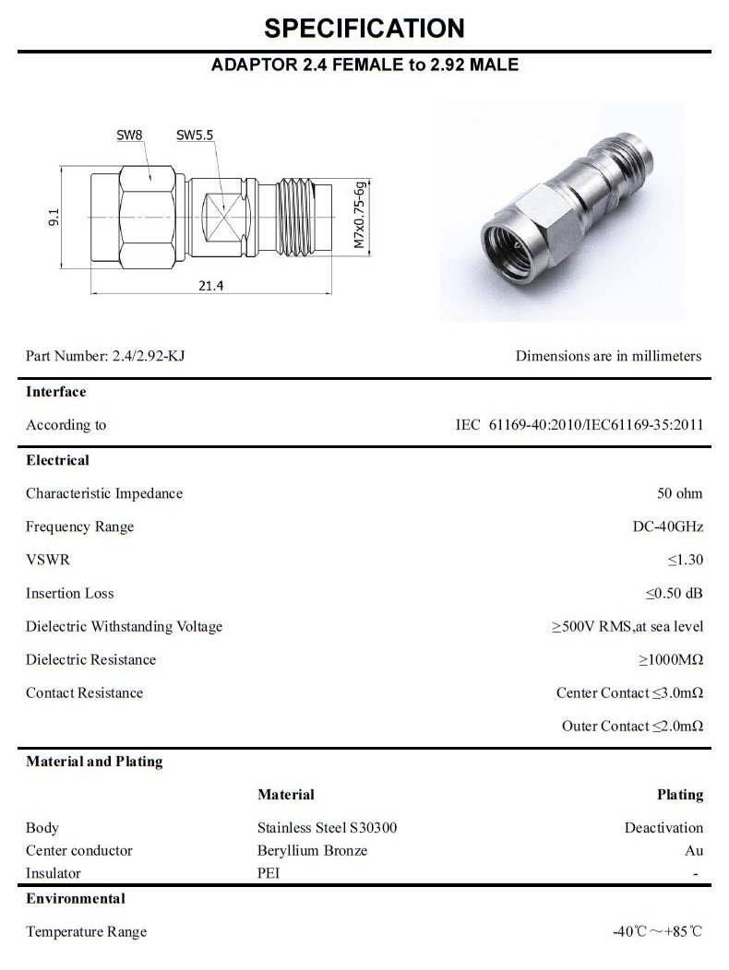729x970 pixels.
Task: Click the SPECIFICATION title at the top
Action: [364, 28]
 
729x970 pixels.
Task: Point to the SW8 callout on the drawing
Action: [129, 136]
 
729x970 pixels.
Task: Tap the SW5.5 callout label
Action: [195, 136]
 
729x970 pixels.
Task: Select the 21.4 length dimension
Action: [210, 286]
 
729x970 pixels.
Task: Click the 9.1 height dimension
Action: [54, 217]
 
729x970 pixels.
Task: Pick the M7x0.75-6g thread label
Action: [360, 215]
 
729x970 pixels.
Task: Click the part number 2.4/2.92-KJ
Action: [149, 356]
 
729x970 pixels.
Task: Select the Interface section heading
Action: [55, 392]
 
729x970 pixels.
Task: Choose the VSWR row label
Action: [47, 560]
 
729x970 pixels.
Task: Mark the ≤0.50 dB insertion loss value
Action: [674, 593]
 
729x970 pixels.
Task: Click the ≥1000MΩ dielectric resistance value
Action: [670, 659]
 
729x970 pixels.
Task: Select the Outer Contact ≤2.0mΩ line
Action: [632, 726]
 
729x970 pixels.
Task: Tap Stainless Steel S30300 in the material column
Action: [327, 827]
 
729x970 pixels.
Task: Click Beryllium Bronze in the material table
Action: [312, 850]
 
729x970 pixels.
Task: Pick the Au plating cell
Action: [694, 850]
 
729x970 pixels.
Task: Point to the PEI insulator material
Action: [268, 873]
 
